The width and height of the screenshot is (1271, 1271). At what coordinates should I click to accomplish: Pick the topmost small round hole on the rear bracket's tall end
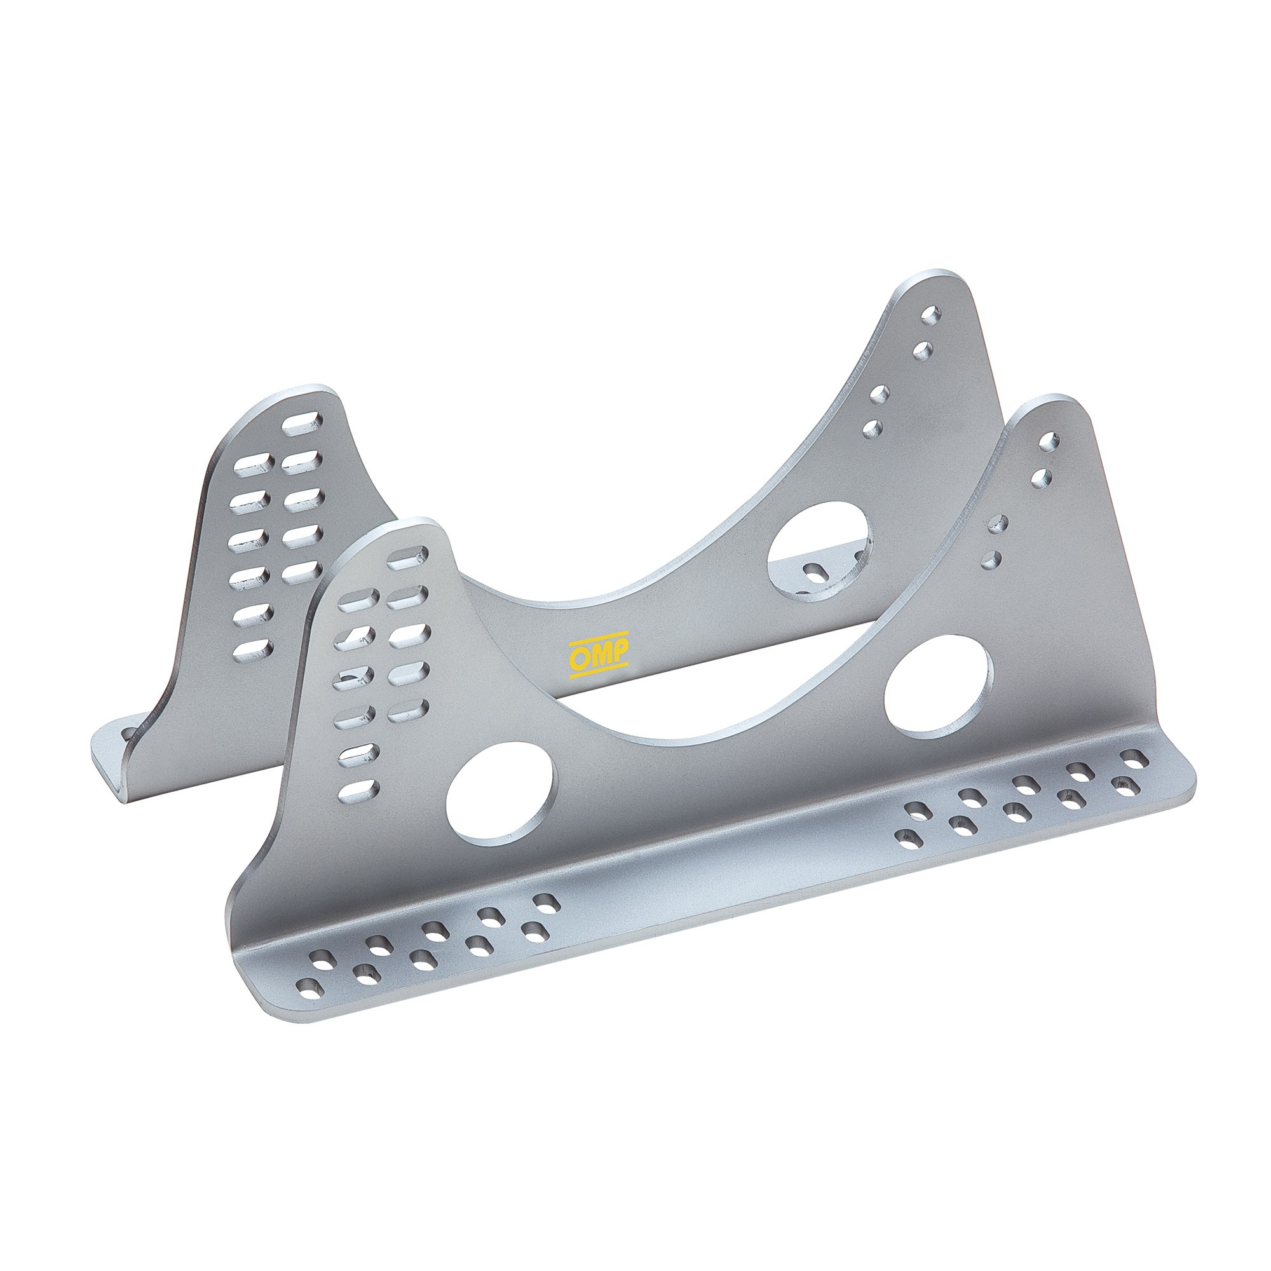930,313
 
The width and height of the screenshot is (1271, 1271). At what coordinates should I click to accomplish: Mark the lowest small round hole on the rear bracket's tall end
873,429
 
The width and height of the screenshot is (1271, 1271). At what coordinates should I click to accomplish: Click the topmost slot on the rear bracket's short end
303,424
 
